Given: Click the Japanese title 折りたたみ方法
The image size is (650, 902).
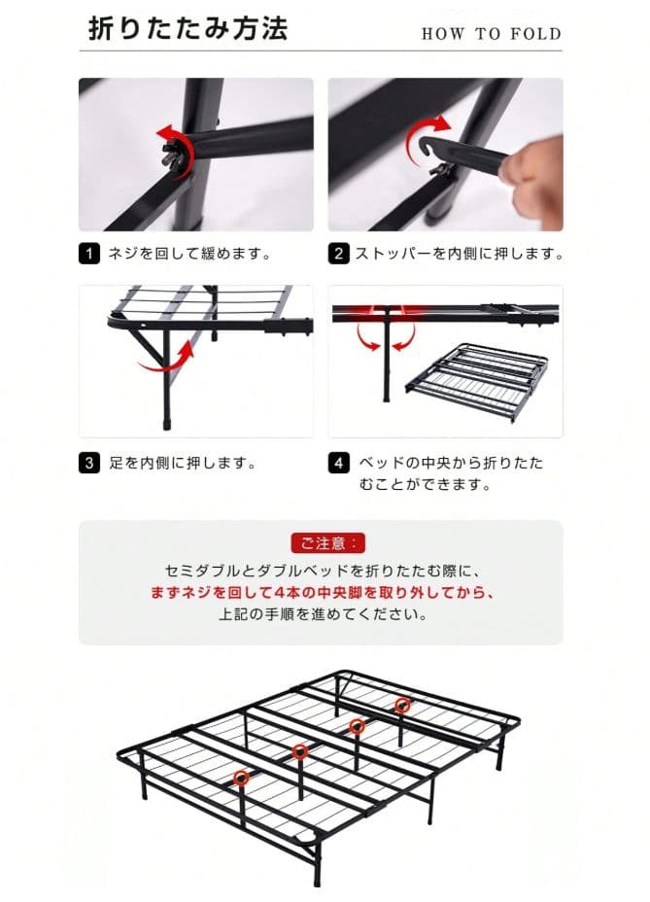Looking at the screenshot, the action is [188, 29].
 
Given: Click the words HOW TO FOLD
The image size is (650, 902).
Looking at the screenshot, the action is [492, 34].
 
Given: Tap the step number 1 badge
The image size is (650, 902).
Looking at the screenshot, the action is [88, 254].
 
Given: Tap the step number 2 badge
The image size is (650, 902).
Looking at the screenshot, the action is [338, 254].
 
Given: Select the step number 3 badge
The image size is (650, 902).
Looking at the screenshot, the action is [88, 463].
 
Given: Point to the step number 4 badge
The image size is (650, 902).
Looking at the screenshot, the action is [338, 463].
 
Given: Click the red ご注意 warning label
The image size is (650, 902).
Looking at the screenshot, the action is [327, 543].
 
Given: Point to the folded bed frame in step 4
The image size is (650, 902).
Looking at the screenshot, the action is [477, 380].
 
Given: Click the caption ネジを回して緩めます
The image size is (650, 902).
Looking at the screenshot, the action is [189, 254].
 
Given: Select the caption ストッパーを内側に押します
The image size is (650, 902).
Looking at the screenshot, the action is [459, 254].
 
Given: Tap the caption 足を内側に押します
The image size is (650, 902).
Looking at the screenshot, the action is [183, 463].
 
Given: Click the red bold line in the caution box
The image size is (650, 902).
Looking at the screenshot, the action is [323, 593].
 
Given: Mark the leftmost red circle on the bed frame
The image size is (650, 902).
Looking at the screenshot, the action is [242, 778].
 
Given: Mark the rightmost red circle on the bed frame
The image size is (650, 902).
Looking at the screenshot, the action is [402, 704].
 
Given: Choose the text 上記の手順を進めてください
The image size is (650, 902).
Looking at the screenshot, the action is [324, 614].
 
